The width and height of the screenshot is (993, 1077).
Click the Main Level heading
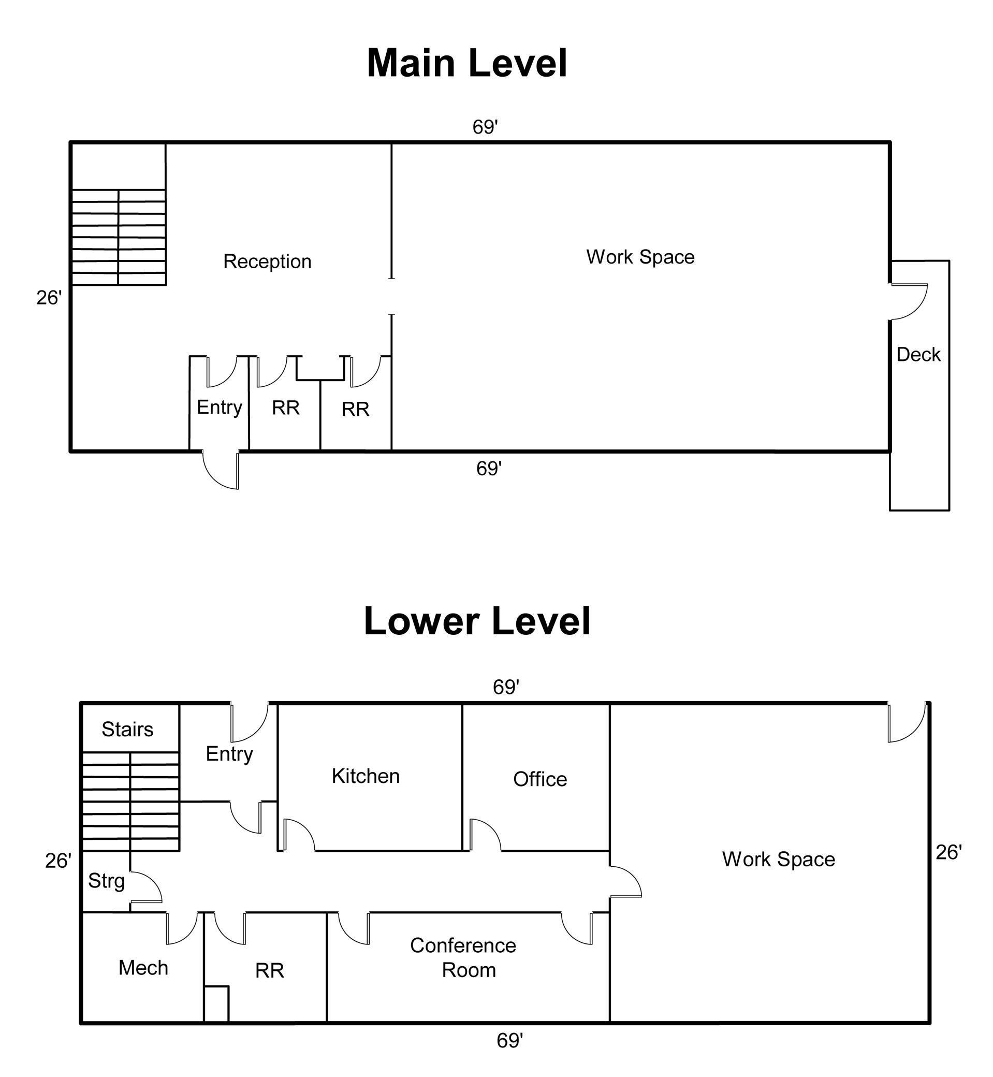(x=466, y=63)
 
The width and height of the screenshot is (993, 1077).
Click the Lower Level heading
(x=477, y=621)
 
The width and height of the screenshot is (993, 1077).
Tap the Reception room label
(x=267, y=261)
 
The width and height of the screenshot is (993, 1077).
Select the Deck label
(x=918, y=355)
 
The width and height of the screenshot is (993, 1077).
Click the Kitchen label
(x=366, y=776)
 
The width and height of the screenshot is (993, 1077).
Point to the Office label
(x=539, y=779)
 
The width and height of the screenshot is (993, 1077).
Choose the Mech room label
(x=143, y=968)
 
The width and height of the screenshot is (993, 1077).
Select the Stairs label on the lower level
(x=127, y=729)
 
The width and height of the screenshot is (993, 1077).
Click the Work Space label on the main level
(x=640, y=257)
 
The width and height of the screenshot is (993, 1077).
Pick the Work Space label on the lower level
(x=778, y=860)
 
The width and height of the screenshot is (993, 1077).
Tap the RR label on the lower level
(x=269, y=970)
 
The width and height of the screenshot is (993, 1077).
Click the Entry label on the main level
(x=219, y=407)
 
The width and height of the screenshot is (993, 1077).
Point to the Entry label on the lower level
(x=229, y=754)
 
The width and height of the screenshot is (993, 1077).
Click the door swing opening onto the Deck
(x=908, y=301)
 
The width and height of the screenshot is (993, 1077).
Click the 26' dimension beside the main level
(x=49, y=298)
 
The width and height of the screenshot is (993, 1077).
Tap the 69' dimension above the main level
(x=485, y=127)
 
